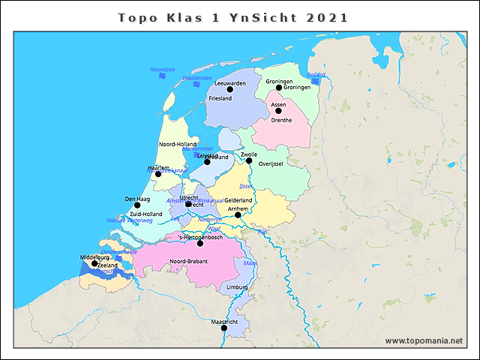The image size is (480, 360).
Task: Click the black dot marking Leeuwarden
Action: [x=230, y=89]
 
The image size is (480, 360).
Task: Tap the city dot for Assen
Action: [x=278, y=111]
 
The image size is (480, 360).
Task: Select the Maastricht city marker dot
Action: [x=223, y=328]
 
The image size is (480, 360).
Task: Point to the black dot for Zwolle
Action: [x=249, y=160]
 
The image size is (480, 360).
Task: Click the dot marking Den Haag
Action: [x=137, y=205]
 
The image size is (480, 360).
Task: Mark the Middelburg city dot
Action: [x=94, y=263]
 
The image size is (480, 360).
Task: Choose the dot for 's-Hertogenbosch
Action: [x=200, y=243]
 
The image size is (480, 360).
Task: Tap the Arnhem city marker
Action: [x=238, y=215]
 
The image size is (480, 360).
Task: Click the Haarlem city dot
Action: [x=158, y=174]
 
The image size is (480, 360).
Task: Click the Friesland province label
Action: [x=220, y=98]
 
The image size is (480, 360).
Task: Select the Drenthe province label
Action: [x=281, y=120]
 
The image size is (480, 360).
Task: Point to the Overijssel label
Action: [x=270, y=163]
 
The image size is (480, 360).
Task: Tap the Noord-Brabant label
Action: [x=188, y=261]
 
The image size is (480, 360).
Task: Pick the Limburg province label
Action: [x=237, y=287]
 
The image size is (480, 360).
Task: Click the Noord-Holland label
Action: [x=178, y=144]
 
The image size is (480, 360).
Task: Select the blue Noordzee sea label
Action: [x=163, y=70]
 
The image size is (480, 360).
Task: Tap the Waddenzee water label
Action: [x=197, y=78]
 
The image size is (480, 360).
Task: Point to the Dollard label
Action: [x=316, y=75]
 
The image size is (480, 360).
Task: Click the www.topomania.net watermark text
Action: [x=424, y=341]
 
